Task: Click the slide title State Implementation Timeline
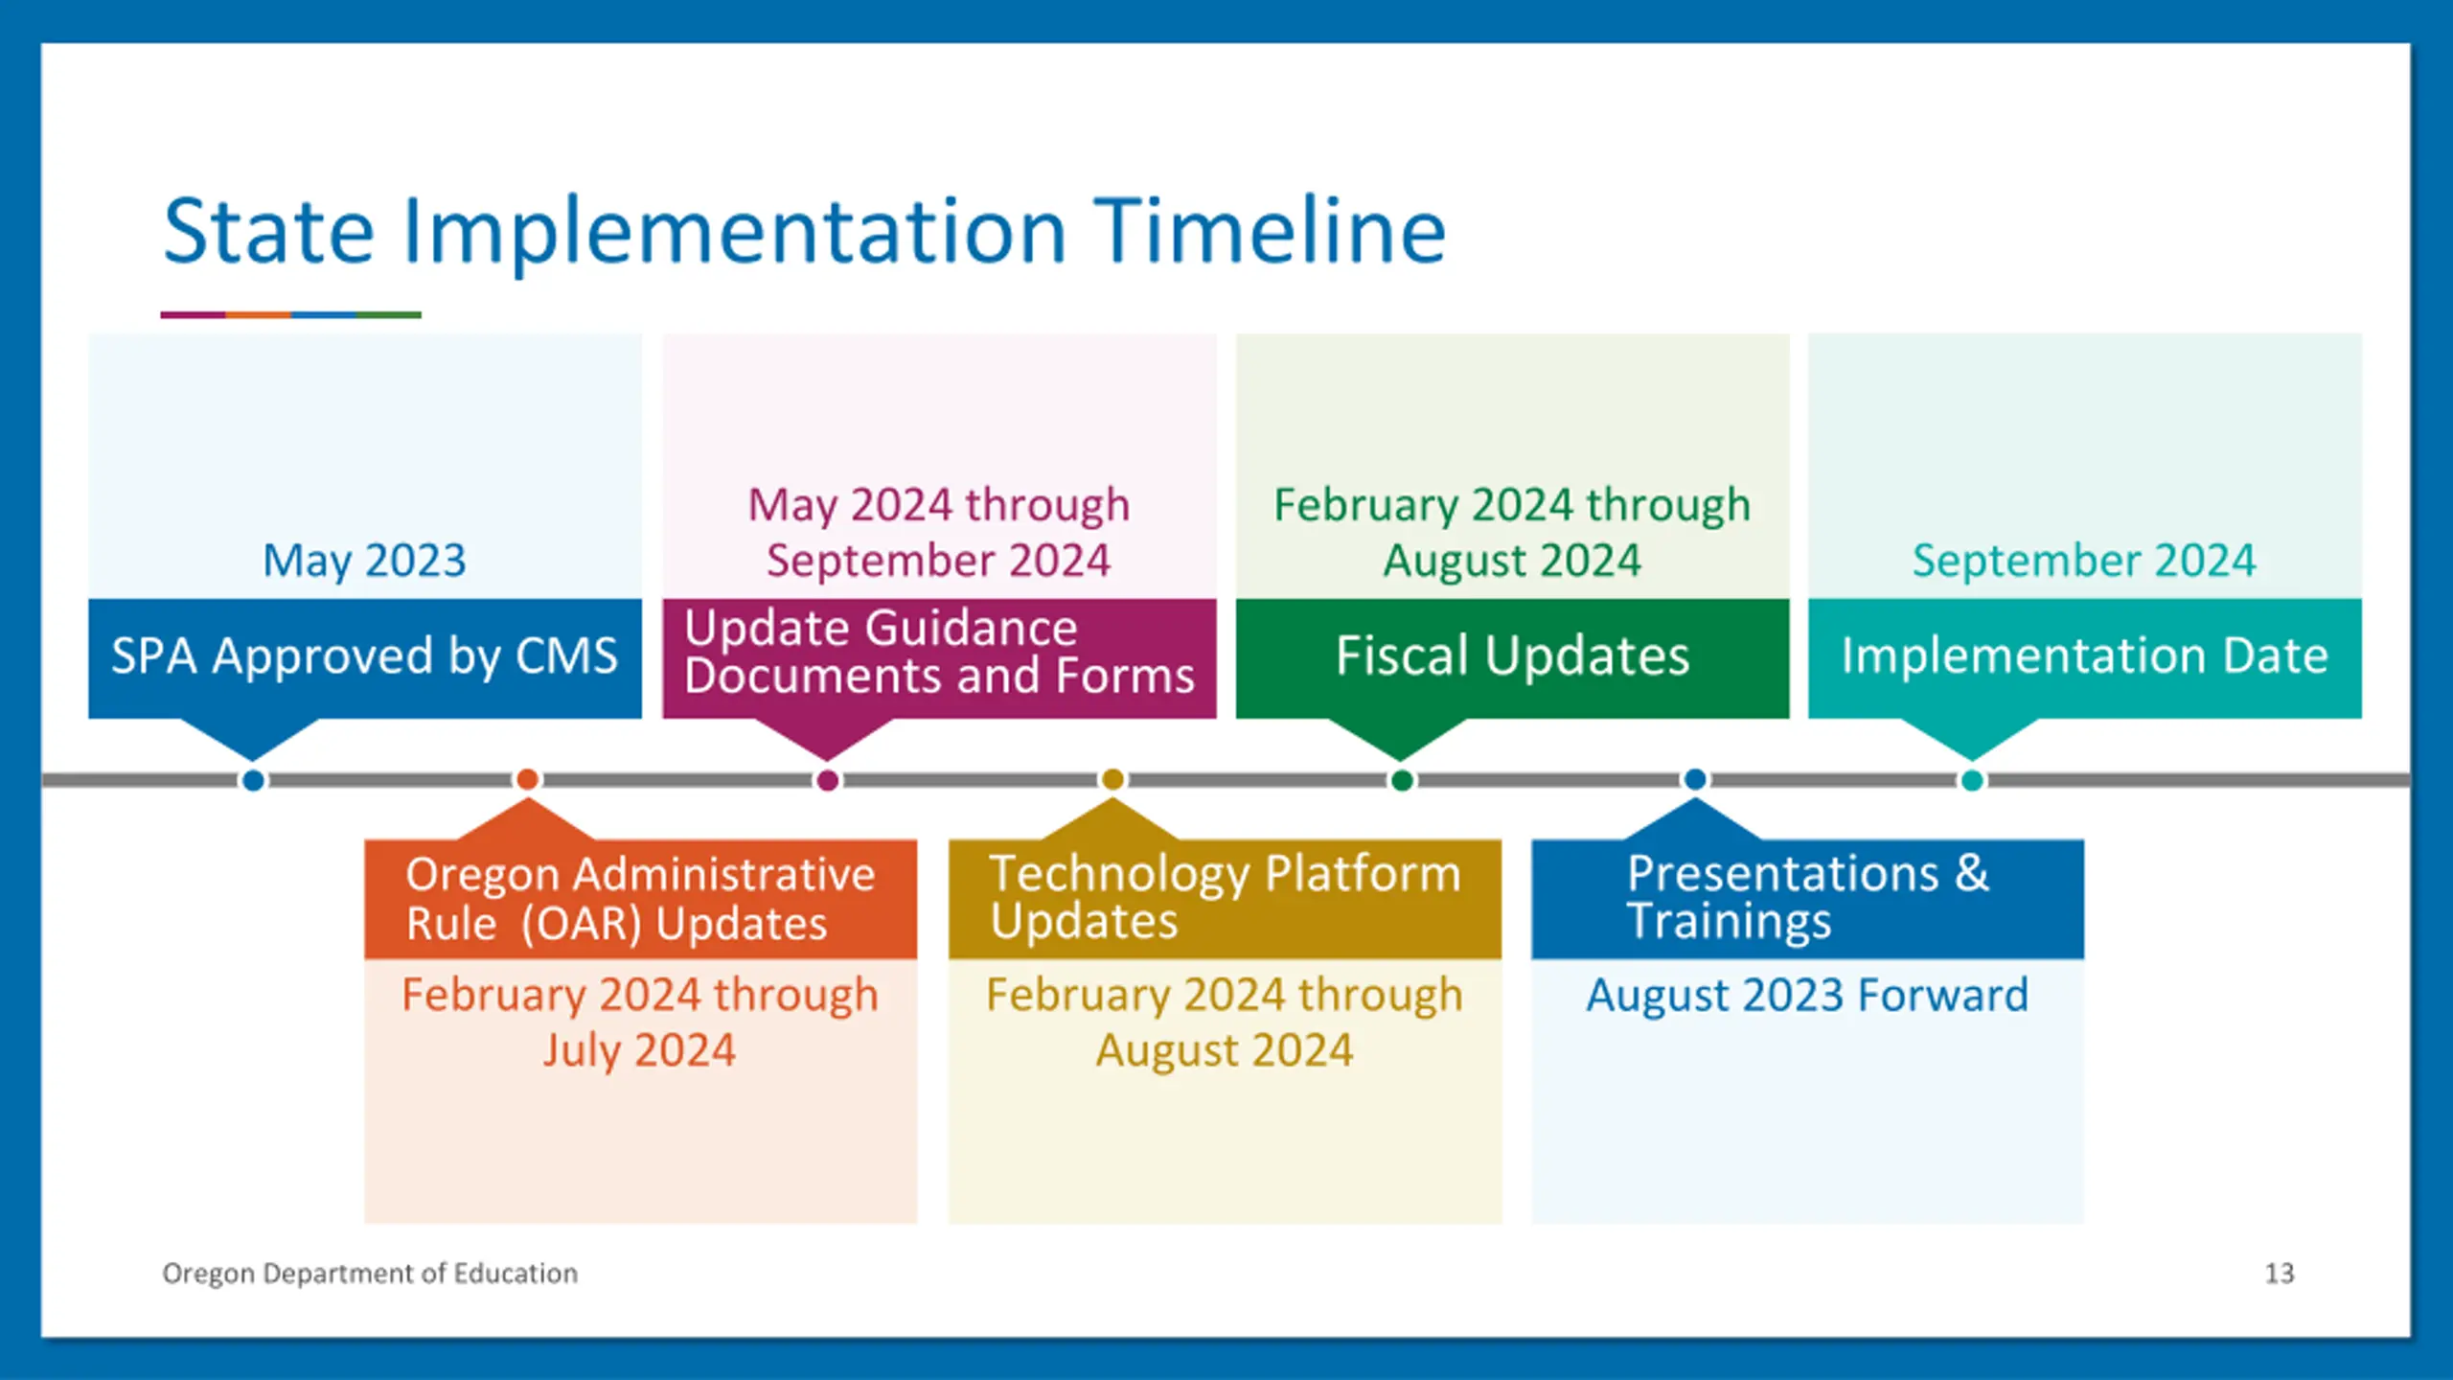pyautogui.click(x=804, y=231)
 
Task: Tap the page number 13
pyautogui.click(x=2280, y=1274)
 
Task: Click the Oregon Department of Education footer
pyautogui.click(x=370, y=1274)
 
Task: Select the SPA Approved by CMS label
pyautogui.click(x=364, y=656)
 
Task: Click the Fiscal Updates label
pyautogui.click(x=1512, y=656)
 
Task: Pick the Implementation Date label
pyautogui.click(x=2084, y=656)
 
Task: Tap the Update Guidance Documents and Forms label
pyautogui.click(x=939, y=653)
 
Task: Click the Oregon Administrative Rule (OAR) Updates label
pyautogui.click(x=640, y=899)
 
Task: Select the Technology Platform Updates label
pyautogui.click(x=1225, y=897)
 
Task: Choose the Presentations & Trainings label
pyautogui.click(x=1807, y=897)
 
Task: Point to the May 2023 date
pyautogui.click(x=364, y=561)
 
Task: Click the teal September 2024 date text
pyautogui.click(x=2084, y=561)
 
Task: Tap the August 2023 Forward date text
pyautogui.click(x=1807, y=995)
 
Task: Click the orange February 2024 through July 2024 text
pyautogui.click(x=640, y=1023)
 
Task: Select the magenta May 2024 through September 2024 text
pyautogui.click(x=939, y=533)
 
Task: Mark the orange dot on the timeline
pyautogui.click(x=527, y=780)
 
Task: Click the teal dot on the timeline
pyautogui.click(x=1972, y=780)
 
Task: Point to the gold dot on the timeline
pyautogui.click(x=1112, y=780)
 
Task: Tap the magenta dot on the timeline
pyautogui.click(x=828, y=780)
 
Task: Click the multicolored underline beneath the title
pyautogui.click(x=291, y=314)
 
